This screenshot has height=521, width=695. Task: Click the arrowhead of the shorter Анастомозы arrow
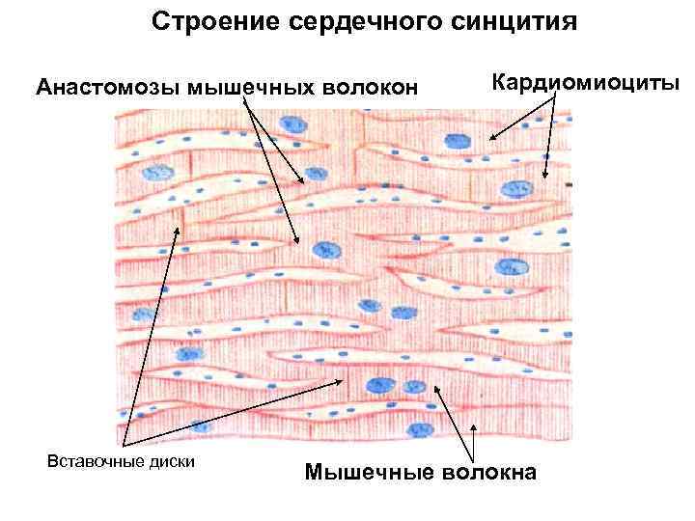click(x=303, y=182)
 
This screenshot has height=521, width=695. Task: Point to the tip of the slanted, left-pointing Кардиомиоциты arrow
click(x=489, y=140)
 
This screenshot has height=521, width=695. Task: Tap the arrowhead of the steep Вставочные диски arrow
click(x=178, y=227)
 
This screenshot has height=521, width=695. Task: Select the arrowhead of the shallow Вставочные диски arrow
click(x=346, y=379)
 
